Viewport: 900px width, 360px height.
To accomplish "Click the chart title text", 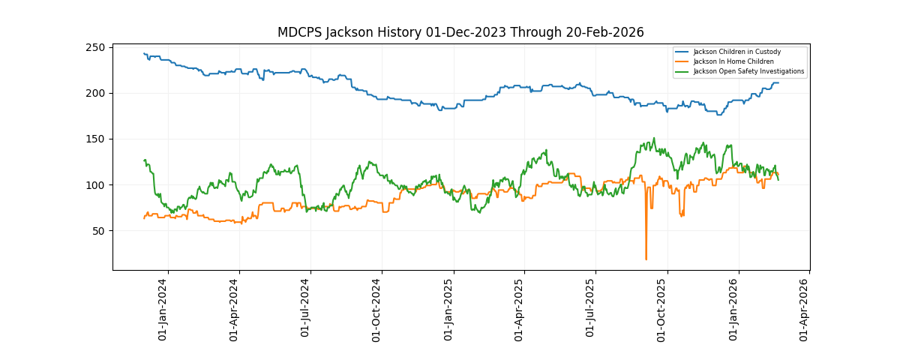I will (460, 32).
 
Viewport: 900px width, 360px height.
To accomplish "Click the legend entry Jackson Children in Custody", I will (736, 52).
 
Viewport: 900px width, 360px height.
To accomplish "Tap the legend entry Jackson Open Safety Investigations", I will (748, 71).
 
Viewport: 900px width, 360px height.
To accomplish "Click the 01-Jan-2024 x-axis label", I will (163, 309).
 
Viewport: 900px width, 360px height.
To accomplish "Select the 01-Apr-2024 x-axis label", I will (234, 309).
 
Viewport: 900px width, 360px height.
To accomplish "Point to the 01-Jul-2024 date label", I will (305, 309).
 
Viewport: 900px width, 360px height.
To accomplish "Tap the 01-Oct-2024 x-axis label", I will (376, 309).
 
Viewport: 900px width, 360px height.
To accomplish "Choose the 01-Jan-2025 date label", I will (448, 309).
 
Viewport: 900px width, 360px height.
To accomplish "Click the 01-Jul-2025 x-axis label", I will (590, 309).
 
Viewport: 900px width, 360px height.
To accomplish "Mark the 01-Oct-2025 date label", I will (662, 309).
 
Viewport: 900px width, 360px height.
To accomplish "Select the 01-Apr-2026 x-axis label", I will (804, 309).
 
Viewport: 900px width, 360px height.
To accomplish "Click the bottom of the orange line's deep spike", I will (646, 259).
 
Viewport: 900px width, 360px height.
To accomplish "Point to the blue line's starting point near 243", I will (144, 53).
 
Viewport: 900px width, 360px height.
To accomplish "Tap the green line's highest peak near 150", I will (654, 138).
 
